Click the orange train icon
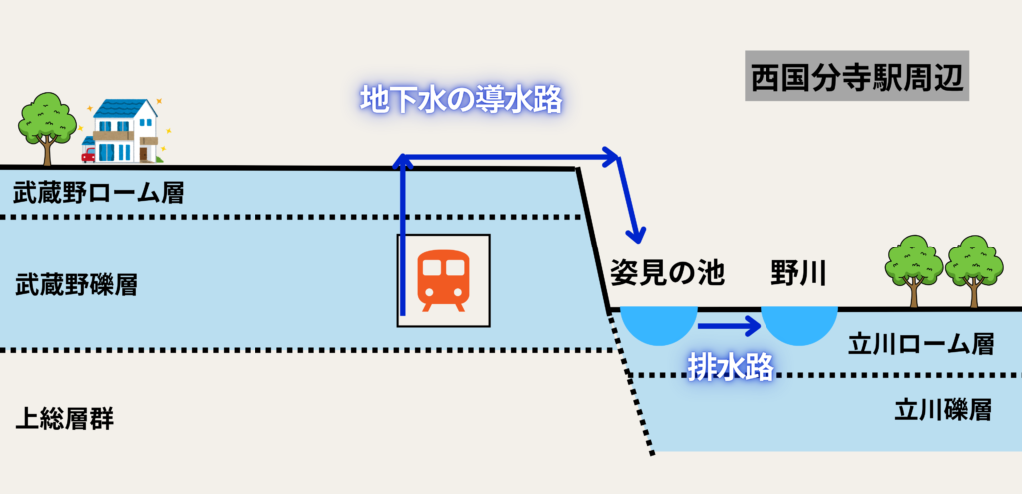click(x=444, y=280)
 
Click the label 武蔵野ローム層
click(x=99, y=193)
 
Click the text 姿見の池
click(x=666, y=271)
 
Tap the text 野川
click(x=798, y=271)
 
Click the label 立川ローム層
click(x=920, y=344)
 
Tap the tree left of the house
click(x=47, y=123)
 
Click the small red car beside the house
click(x=88, y=154)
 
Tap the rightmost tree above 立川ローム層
click(x=973, y=267)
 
